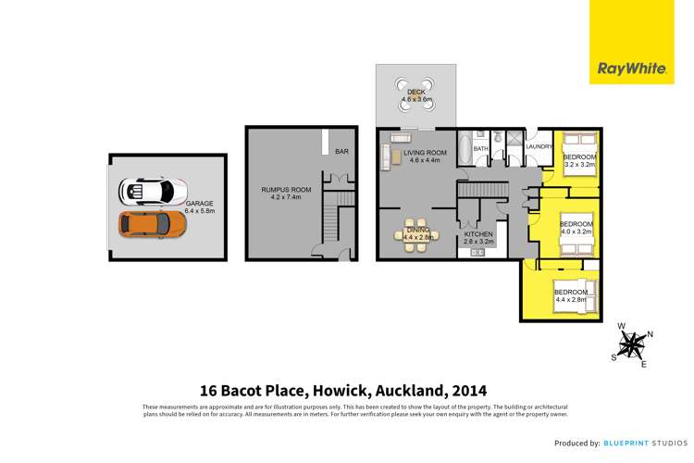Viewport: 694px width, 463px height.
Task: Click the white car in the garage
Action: (146, 192)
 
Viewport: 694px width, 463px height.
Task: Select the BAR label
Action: (341, 150)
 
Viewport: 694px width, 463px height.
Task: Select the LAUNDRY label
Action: (539, 147)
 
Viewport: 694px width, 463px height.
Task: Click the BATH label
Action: (480, 148)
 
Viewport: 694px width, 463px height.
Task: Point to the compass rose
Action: (632, 345)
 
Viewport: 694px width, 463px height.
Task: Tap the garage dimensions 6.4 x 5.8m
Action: (199, 211)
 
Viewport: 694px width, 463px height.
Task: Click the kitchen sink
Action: (478, 252)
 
